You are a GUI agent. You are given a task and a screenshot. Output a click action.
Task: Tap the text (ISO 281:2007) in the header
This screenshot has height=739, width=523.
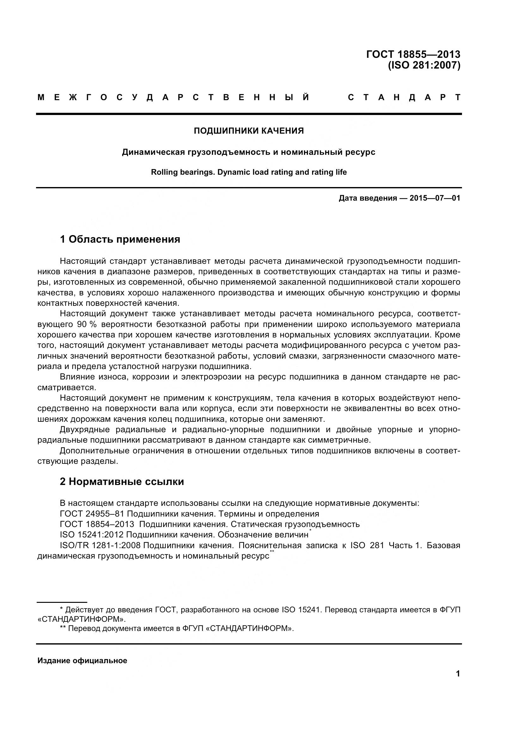point(424,65)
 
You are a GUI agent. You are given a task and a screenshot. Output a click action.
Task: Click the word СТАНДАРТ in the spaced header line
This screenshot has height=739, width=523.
point(404,98)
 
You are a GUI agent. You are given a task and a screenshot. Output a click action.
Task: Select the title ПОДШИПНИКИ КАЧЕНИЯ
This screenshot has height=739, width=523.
point(249,131)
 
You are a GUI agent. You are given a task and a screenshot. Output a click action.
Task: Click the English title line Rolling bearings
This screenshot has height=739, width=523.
point(249,172)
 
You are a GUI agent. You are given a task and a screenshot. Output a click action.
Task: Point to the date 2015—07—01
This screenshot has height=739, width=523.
point(435,198)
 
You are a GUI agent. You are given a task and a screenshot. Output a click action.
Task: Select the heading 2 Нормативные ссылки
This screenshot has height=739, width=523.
point(122,482)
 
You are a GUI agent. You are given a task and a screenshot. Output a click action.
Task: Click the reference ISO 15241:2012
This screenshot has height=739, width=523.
point(91,535)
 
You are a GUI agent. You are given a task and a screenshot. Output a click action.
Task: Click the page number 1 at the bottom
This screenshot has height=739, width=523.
point(458,673)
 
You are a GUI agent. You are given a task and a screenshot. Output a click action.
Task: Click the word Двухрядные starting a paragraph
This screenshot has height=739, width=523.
point(85,429)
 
